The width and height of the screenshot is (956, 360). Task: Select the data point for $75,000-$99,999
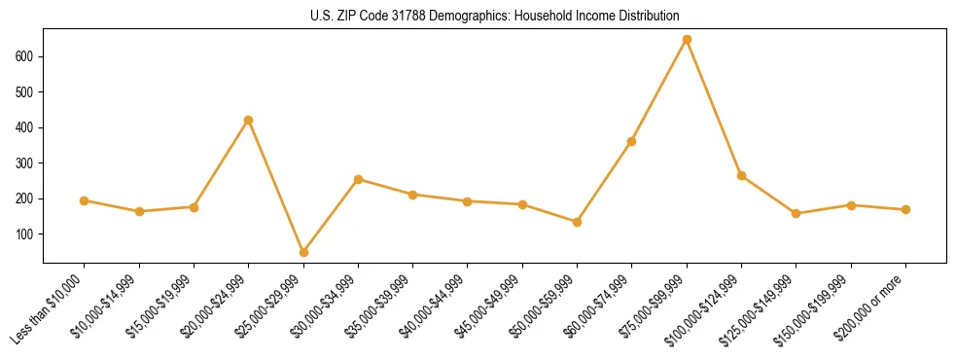coord(687,40)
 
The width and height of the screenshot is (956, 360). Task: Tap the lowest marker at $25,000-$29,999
coord(303,252)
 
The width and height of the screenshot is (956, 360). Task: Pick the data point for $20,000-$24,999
coord(248,120)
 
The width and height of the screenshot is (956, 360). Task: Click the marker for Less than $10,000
coord(84,200)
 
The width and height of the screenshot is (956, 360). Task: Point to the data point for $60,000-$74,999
coord(632,141)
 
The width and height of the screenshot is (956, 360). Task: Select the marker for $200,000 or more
coord(905,209)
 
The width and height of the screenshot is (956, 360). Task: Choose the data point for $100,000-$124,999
coord(741,175)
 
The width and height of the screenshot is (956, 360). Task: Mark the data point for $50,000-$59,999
coord(577,222)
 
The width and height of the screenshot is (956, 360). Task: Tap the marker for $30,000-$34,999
coord(358,179)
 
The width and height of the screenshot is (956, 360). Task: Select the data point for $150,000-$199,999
coord(851,205)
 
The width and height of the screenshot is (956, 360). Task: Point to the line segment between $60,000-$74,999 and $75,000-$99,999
coord(659,90)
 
